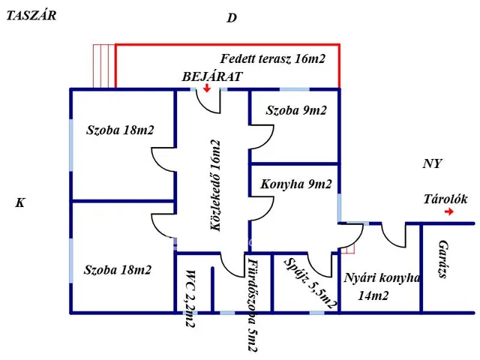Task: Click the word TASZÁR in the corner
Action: coord(31,16)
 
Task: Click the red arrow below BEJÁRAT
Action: coord(208,89)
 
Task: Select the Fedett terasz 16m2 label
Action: coord(272,59)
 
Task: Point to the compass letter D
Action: coord(232,18)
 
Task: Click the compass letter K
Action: coord(20,202)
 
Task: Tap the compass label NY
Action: coord(432,163)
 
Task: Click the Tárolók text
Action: coord(445,199)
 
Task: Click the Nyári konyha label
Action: coord(382,278)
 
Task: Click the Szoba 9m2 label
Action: coord(296,110)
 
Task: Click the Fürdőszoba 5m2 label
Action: coord(251,304)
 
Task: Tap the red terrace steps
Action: coord(103,65)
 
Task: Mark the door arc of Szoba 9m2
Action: coord(259,137)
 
